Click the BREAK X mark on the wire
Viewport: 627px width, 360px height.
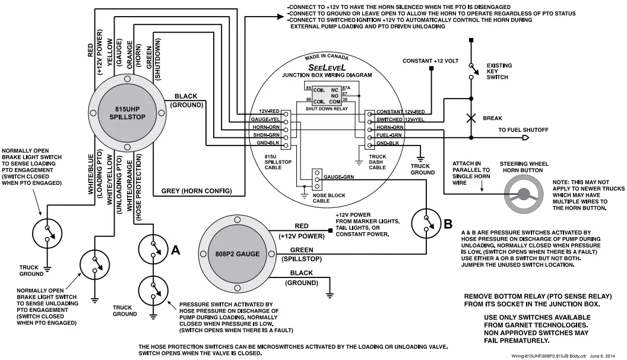pos(471,118)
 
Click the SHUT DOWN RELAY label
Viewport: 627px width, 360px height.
pos(327,108)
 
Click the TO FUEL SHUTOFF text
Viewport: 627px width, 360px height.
pos(523,130)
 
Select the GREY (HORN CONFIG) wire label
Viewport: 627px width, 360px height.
pos(196,191)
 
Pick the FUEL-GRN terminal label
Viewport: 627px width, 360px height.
pos(390,135)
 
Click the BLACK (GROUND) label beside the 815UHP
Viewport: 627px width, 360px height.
pos(186,100)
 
